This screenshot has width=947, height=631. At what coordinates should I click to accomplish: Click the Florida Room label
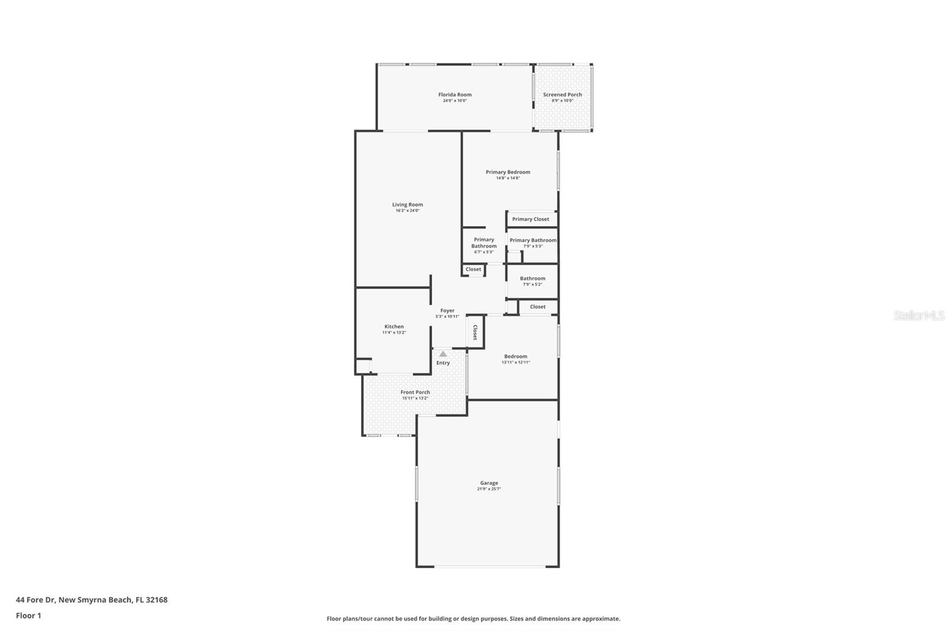(x=455, y=95)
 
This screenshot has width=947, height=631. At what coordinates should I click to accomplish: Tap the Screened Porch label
(x=562, y=95)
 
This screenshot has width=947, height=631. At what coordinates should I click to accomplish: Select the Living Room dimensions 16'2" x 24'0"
(x=407, y=211)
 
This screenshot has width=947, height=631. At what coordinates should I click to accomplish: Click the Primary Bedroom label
(x=508, y=172)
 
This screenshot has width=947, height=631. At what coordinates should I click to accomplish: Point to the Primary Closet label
(x=530, y=219)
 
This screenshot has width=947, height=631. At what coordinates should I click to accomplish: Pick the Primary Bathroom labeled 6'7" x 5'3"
(x=484, y=243)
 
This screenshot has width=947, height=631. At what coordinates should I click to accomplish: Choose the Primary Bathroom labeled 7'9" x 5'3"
(x=533, y=240)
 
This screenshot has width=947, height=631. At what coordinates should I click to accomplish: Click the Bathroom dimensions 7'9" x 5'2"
(x=532, y=284)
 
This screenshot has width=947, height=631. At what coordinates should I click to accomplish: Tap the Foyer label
(x=447, y=310)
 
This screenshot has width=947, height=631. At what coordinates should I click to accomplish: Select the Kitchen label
(x=394, y=327)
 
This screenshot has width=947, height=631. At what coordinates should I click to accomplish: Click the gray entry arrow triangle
(x=443, y=354)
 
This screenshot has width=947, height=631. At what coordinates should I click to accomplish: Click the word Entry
(x=443, y=363)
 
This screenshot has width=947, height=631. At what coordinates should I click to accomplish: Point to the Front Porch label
(x=415, y=392)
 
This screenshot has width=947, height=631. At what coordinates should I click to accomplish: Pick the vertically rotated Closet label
(x=475, y=332)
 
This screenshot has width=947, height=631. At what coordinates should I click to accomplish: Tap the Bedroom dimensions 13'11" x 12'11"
(x=516, y=362)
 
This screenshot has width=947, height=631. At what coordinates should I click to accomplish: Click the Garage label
(x=489, y=483)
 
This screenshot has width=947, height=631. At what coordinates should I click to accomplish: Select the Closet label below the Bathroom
(x=537, y=307)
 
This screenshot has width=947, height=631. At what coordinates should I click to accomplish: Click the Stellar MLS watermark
(x=919, y=315)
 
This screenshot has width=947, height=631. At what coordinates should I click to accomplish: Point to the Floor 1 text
(x=28, y=616)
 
